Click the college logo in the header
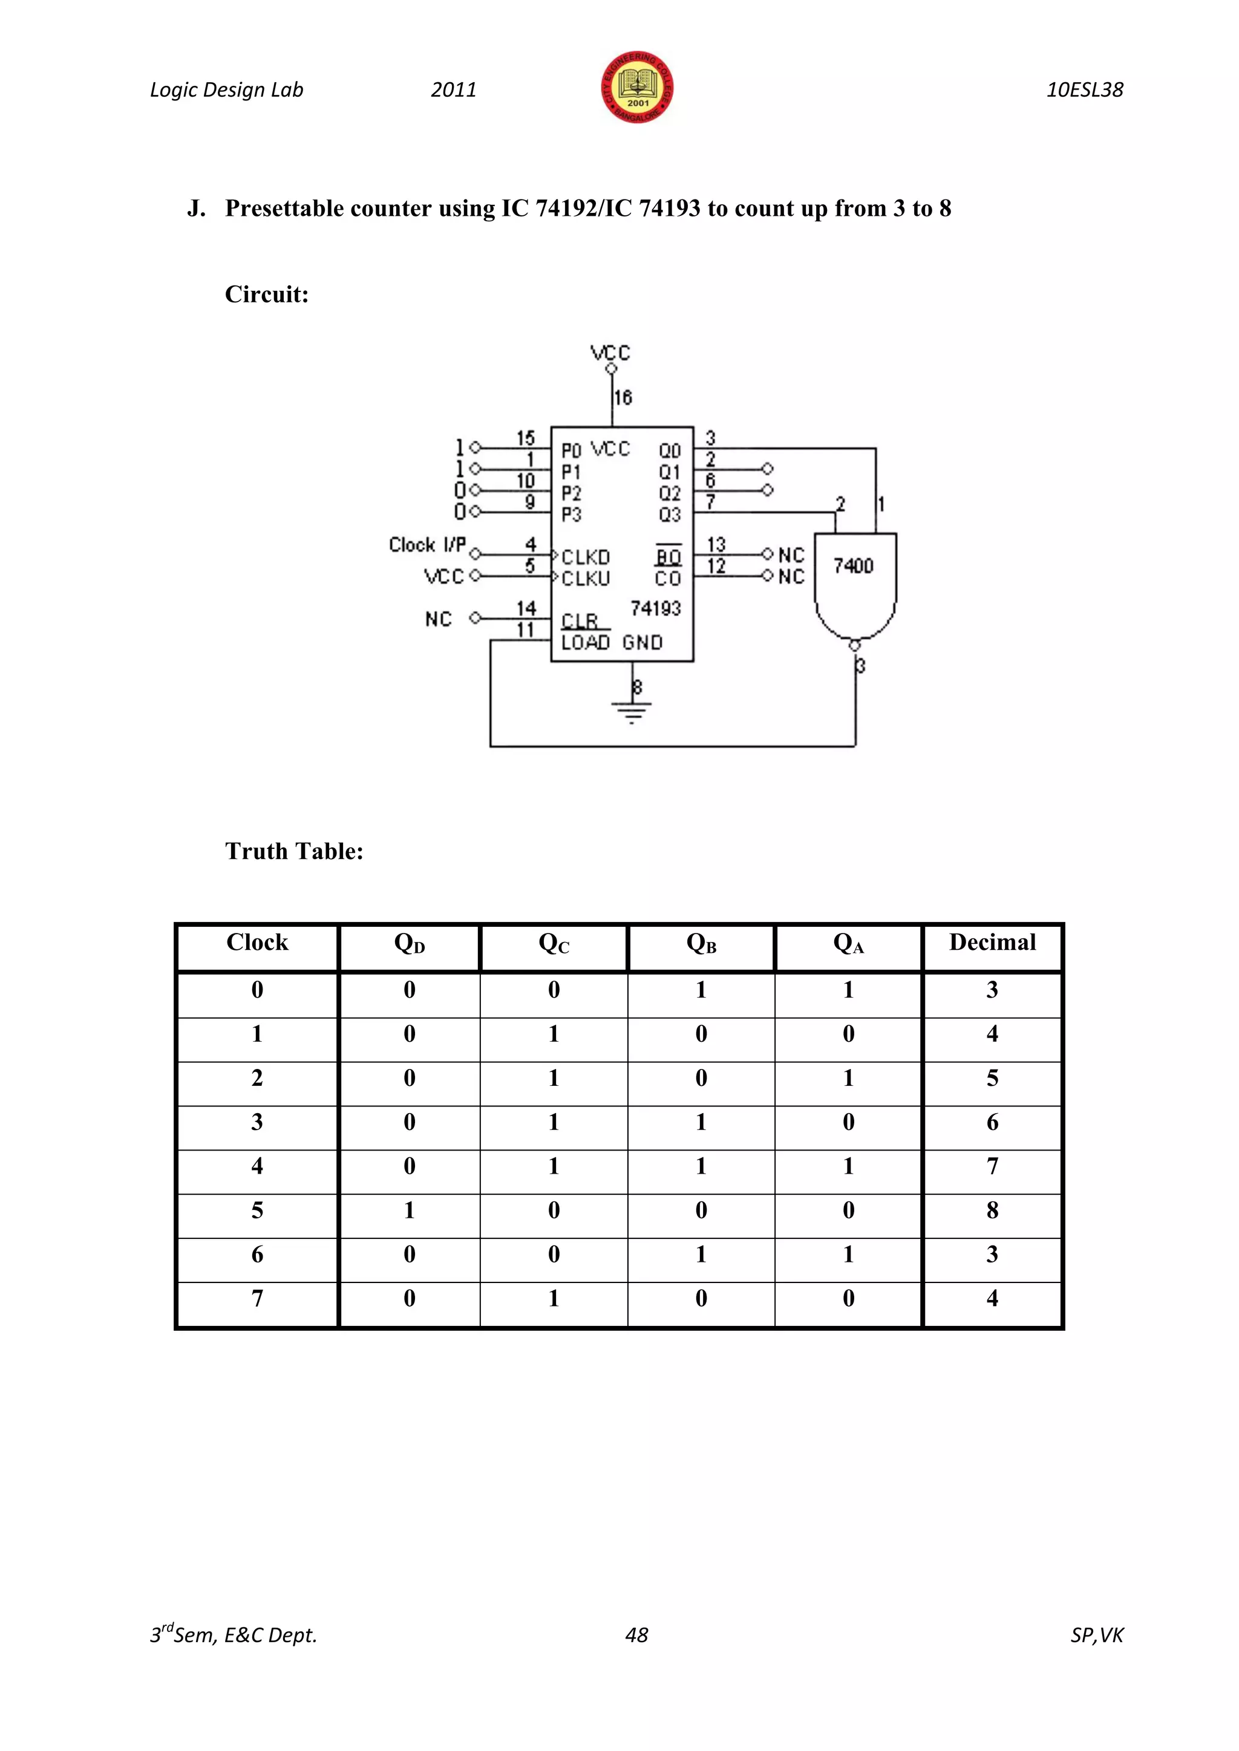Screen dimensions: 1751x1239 pos(637,88)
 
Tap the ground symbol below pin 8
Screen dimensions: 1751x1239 pos(632,713)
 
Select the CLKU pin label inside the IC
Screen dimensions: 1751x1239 pos(586,579)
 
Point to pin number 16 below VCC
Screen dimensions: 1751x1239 pos(623,397)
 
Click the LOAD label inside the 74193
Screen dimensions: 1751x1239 pos(585,643)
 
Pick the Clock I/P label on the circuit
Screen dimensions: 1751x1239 pos(427,545)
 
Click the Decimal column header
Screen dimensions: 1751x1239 pos(992,943)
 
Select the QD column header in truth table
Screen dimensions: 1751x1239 pos(409,944)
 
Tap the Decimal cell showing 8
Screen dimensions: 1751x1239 pos(992,1210)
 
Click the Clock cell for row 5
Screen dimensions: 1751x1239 pos(257,1210)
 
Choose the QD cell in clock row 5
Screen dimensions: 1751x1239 pos(409,1210)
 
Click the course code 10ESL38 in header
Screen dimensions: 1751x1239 pos(1084,90)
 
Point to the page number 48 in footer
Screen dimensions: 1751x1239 pos(636,1635)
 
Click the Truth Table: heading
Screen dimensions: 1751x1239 pos(294,851)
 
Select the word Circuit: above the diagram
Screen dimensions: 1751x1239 pos(266,294)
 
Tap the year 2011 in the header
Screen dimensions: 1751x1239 pos(453,90)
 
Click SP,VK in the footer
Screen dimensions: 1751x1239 pos(1096,1635)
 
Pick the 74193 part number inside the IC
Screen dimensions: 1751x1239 pos(655,609)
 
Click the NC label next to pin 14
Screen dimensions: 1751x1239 pos(438,619)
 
